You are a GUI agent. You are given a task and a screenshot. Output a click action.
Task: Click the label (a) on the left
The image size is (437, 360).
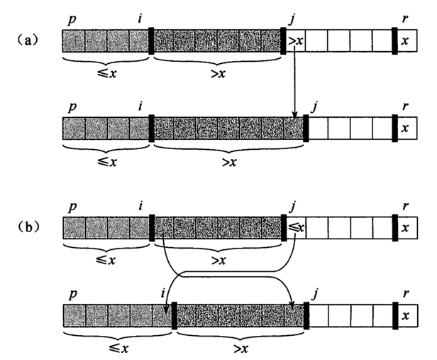click(x=29, y=40)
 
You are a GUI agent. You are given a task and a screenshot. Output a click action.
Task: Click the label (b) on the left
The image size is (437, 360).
click(x=29, y=228)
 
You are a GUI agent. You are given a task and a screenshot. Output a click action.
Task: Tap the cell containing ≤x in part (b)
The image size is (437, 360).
click(x=295, y=228)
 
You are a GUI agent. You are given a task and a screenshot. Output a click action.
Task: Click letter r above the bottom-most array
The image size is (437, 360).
click(x=404, y=292)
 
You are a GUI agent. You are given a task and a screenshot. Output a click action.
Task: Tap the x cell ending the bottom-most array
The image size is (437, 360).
click(x=405, y=315)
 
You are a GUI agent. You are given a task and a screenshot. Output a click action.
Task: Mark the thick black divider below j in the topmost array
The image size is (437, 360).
click(x=284, y=40)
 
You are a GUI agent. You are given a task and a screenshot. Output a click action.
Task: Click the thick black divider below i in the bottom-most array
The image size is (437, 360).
click(x=174, y=315)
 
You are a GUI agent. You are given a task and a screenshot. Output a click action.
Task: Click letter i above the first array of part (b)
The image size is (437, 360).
click(x=140, y=207)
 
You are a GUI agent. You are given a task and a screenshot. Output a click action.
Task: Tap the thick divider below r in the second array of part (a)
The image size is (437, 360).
click(x=394, y=128)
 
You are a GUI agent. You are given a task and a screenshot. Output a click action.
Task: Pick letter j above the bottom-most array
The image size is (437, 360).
click(x=313, y=293)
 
